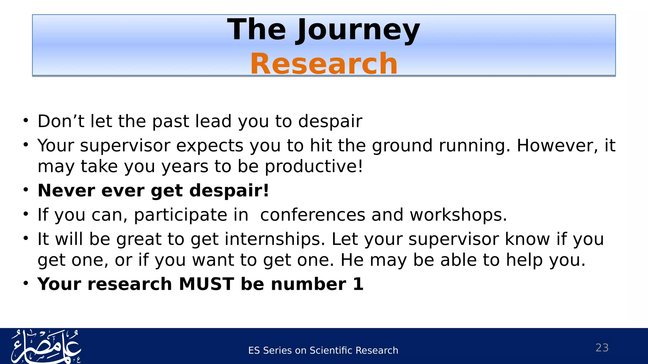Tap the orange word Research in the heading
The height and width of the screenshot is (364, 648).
click(324, 64)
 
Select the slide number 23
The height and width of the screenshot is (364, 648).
click(602, 348)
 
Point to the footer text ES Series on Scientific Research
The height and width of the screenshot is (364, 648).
click(323, 350)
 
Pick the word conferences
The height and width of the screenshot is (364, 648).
click(313, 215)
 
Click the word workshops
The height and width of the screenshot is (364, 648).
click(458, 215)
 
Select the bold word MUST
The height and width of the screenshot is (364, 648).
click(206, 284)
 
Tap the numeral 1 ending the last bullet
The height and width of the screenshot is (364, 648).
click(358, 284)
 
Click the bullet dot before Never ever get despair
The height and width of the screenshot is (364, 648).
click(26, 190)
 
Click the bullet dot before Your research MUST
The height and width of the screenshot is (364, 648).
click(26, 283)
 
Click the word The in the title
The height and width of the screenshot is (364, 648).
click(256, 30)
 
